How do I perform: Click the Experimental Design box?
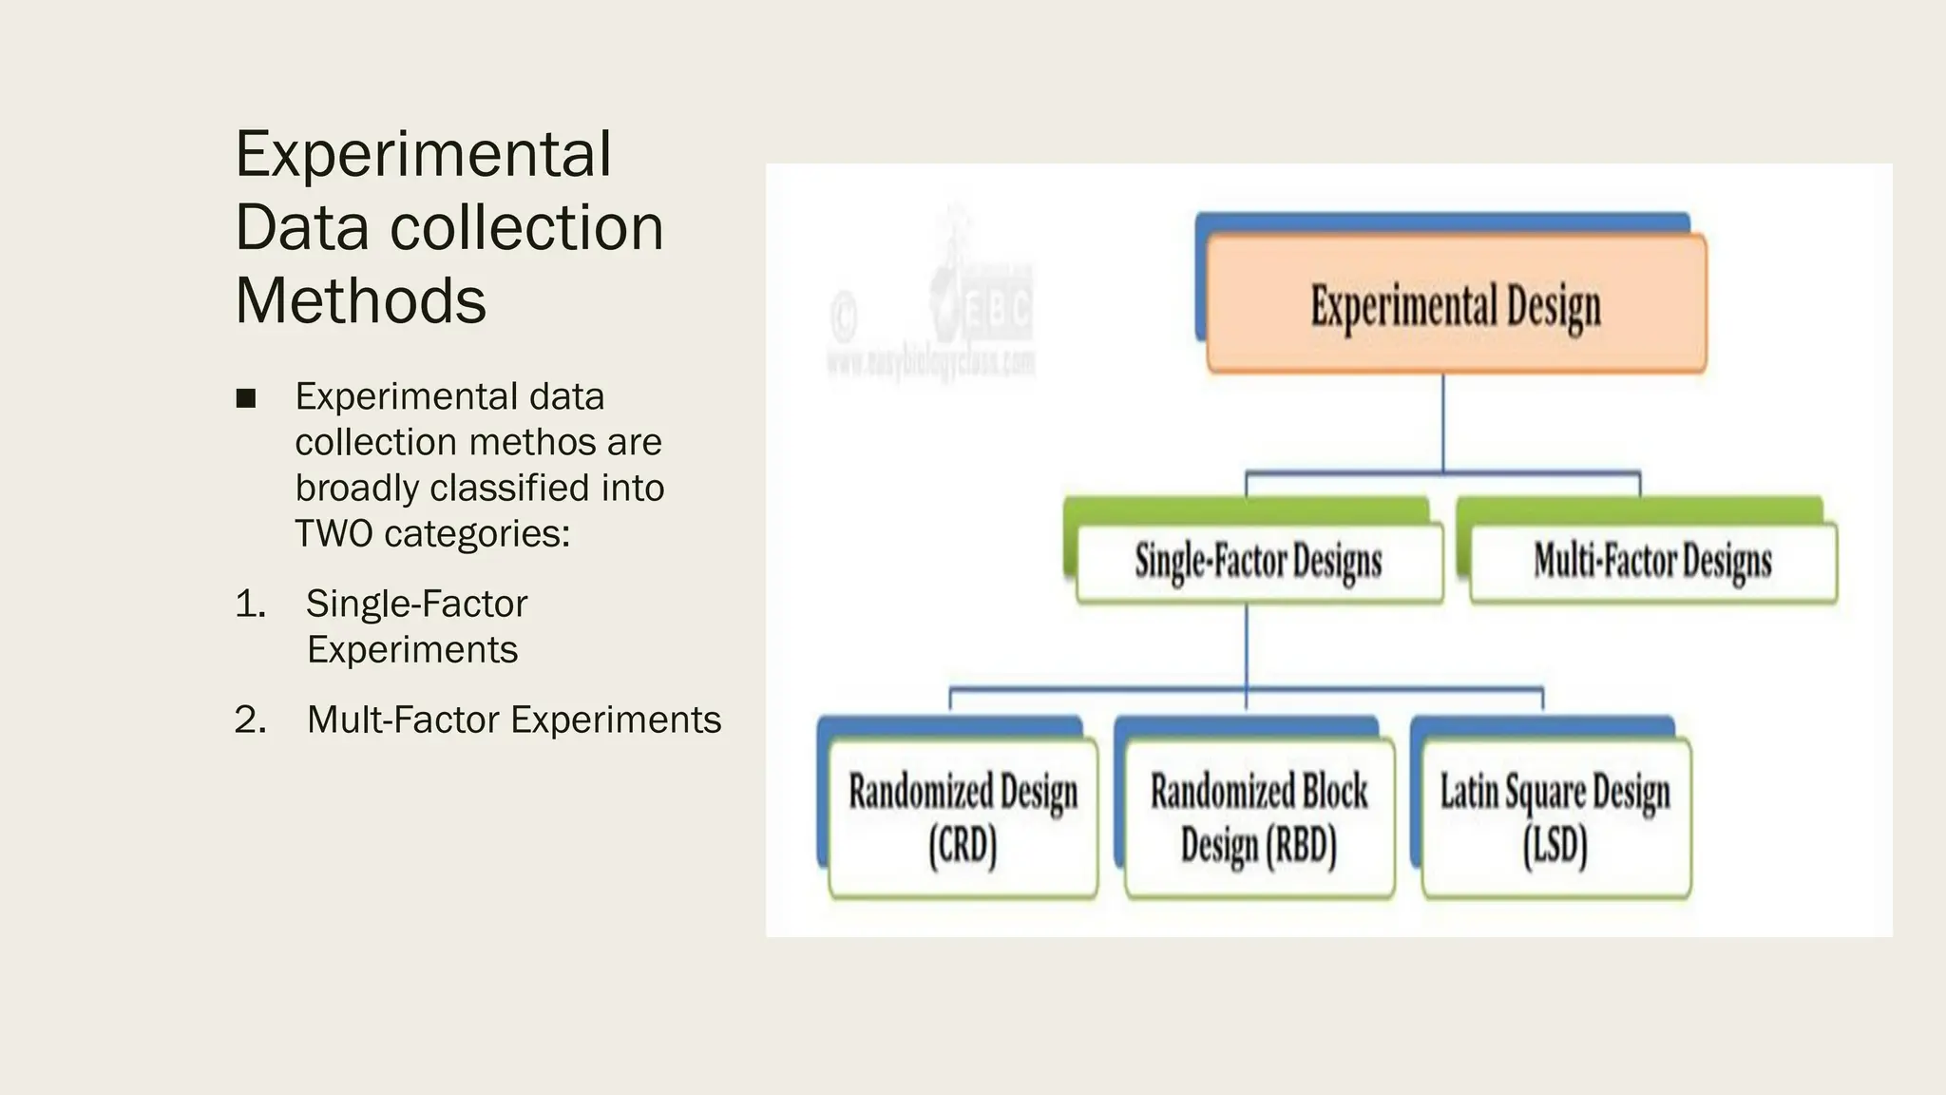1456,304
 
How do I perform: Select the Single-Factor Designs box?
1258,563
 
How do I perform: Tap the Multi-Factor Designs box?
1652,563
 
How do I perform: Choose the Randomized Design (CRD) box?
963,817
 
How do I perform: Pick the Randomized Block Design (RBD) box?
1259,817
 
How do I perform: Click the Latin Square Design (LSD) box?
1555,817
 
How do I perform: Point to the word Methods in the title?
360,300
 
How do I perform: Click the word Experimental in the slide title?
423,154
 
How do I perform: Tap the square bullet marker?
246,398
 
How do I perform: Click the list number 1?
250,605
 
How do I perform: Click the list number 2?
250,720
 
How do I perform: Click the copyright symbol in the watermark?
844,316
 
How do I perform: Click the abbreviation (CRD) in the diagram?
963,844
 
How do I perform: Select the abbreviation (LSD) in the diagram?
1555,844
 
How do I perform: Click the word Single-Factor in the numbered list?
416,605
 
